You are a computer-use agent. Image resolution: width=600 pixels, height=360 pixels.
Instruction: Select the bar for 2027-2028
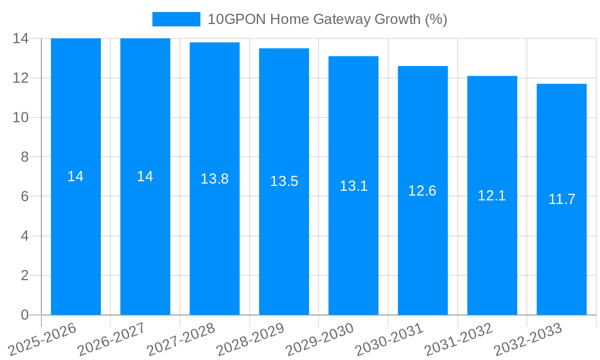click(x=215, y=240)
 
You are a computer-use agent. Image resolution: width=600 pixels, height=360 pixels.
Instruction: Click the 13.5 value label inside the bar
click(x=284, y=181)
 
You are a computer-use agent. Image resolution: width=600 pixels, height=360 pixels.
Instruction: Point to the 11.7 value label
click(x=562, y=199)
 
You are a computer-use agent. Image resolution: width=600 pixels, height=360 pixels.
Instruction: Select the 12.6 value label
click(x=422, y=191)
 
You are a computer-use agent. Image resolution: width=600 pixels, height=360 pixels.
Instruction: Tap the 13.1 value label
click(x=353, y=186)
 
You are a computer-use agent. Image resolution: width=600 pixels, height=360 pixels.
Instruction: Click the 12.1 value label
click(x=492, y=196)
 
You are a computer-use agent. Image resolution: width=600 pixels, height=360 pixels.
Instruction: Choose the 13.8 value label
click(x=215, y=179)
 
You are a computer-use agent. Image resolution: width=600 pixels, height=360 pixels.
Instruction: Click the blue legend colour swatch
click(x=176, y=19)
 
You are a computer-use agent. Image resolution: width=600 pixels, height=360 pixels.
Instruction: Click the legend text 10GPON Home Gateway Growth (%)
click(x=327, y=19)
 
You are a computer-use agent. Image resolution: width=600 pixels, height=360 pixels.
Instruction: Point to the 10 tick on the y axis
click(x=21, y=118)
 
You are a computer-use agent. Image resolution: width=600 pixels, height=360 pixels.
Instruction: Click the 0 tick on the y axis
click(x=25, y=315)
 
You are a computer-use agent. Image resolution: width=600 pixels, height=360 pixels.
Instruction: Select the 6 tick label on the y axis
click(x=25, y=196)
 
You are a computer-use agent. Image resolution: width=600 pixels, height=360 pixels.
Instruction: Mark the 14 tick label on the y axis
click(x=21, y=38)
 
